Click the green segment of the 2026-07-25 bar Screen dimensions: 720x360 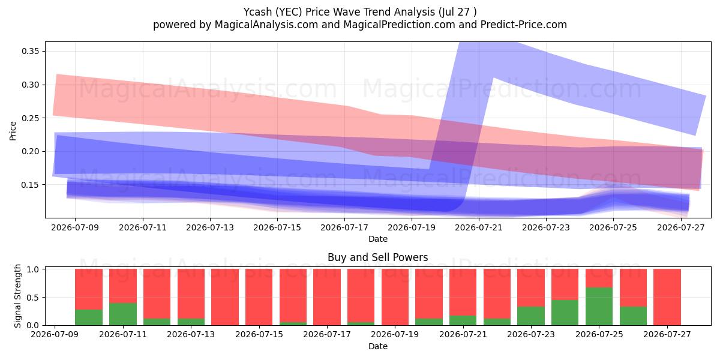[x=599, y=307]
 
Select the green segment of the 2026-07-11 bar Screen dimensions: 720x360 [x=123, y=314]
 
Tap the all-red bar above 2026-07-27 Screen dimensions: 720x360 [x=667, y=297]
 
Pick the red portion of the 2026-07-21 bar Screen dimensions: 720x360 [x=463, y=292]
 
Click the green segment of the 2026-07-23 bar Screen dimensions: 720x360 [x=531, y=316]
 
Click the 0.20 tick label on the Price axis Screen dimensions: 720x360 [x=31, y=151]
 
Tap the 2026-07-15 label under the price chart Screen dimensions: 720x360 [x=277, y=227]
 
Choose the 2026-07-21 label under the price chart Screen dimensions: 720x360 [x=479, y=227]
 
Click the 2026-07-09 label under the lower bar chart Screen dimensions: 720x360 [x=55, y=334]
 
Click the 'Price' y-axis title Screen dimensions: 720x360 [x=13, y=131]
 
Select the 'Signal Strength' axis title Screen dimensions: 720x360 [x=17, y=296]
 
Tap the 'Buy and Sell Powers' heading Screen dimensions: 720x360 [x=377, y=257]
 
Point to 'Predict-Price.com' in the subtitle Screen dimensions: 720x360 [x=524, y=25]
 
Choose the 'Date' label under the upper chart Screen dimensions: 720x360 [x=378, y=239]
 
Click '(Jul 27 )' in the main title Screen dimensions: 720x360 [x=457, y=12]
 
